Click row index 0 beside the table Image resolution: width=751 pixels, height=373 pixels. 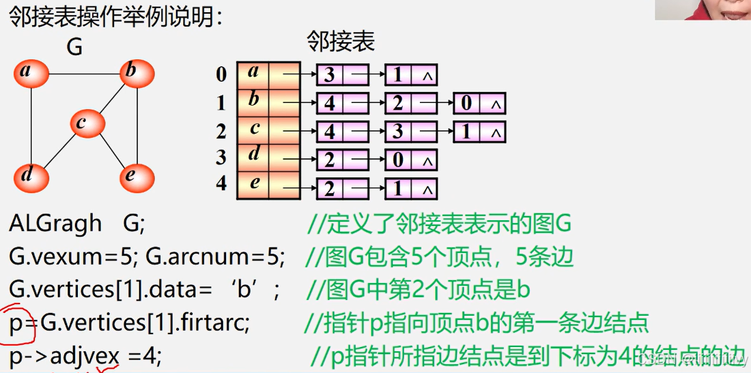tap(221, 74)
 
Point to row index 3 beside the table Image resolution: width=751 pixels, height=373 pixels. tap(221, 158)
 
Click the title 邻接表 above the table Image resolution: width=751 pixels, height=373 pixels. tap(341, 42)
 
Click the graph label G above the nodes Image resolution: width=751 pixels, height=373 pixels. tap(74, 46)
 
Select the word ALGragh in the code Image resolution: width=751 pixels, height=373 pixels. tap(55, 224)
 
